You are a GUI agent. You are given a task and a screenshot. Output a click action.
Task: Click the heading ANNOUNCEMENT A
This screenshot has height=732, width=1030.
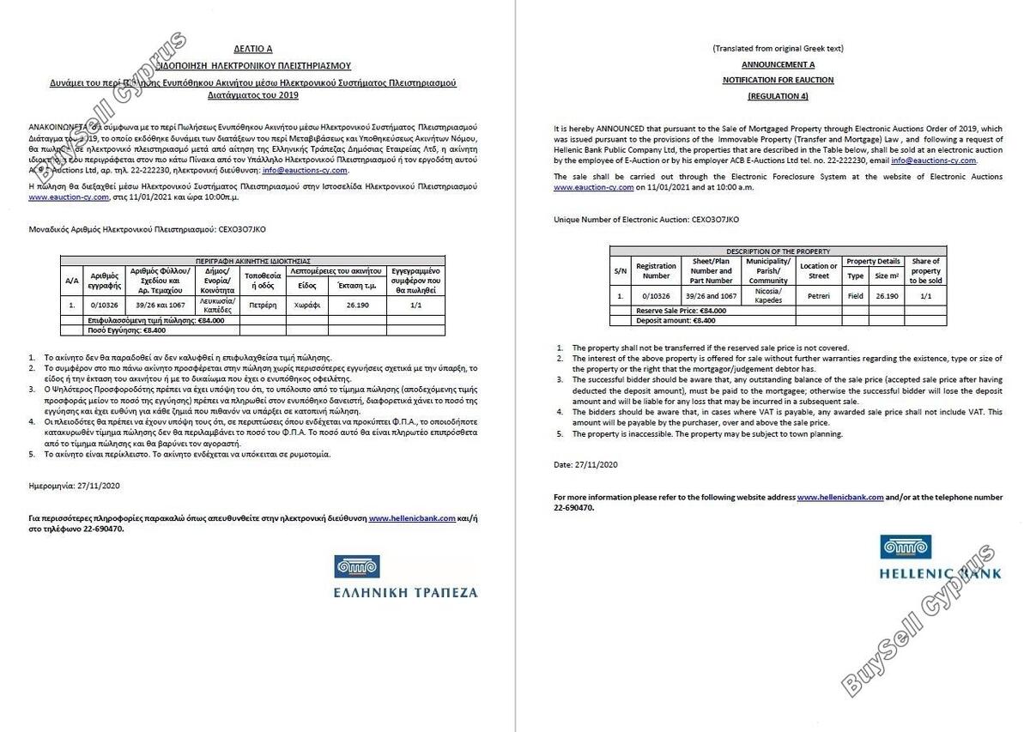tap(778, 64)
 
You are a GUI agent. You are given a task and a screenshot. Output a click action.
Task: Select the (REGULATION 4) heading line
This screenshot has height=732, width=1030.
tap(778, 95)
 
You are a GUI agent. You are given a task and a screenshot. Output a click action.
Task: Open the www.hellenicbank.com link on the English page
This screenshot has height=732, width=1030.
tap(839, 498)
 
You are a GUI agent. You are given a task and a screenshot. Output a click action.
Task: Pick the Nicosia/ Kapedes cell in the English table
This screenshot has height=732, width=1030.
tap(767, 295)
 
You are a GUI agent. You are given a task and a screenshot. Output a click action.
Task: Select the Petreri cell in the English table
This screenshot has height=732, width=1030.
tap(818, 295)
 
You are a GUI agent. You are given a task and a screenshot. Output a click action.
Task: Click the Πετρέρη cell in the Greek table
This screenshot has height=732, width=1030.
tap(263, 304)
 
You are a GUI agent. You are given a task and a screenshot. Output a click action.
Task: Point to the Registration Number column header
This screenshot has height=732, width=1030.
tap(656, 271)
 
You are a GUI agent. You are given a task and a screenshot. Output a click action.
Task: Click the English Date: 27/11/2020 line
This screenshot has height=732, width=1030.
tap(585, 464)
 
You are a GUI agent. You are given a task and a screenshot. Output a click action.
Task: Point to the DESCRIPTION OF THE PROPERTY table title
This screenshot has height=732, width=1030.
tap(778, 251)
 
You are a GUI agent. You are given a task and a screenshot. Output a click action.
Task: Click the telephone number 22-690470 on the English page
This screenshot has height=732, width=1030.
tap(573, 507)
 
